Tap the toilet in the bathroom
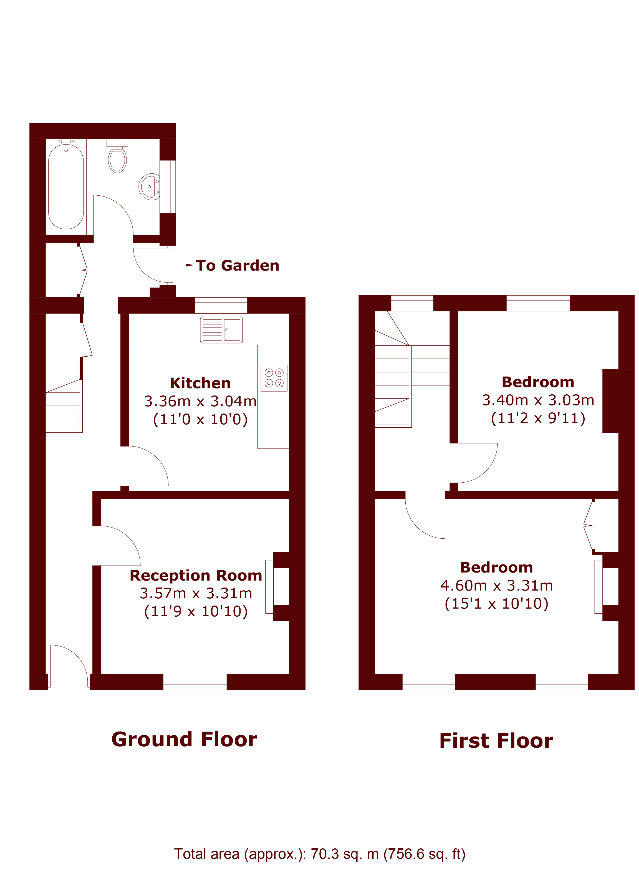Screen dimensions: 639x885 117,156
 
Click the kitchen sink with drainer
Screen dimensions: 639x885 221,330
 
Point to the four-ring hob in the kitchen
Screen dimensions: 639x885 274,378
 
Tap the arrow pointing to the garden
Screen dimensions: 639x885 182,265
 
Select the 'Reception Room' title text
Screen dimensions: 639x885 196,575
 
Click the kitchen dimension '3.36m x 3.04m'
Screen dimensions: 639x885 200,401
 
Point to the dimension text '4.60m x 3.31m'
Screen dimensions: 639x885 497,585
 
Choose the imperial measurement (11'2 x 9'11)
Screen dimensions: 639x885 538,418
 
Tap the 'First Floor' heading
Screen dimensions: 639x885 496,741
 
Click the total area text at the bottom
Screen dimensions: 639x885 320,854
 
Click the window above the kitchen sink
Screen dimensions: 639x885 221,305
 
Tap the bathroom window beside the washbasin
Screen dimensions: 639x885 168,186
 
